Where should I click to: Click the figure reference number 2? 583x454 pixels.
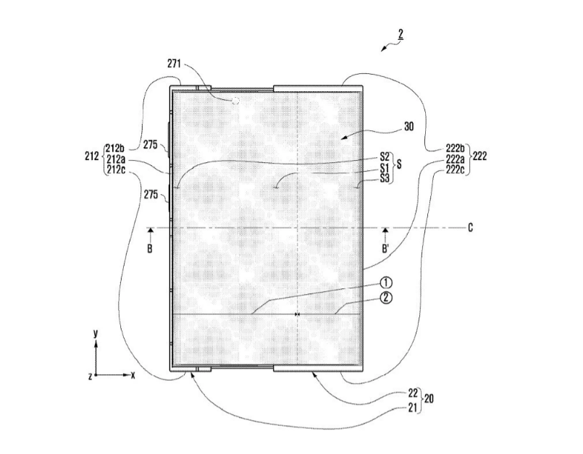[400, 33]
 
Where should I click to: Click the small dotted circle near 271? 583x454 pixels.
[235, 101]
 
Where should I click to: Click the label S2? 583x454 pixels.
[385, 155]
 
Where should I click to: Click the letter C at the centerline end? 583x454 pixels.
[470, 228]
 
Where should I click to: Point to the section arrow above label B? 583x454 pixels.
[150, 231]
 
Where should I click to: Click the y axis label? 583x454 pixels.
[96, 333]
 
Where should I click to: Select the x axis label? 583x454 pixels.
[133, 376]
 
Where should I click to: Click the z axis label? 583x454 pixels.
[88, 376]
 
